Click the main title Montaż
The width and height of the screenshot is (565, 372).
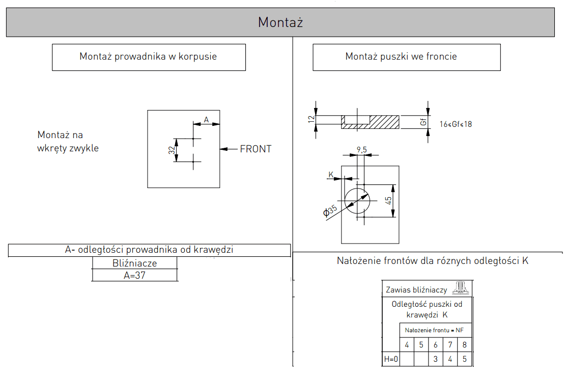[x=280, y=22]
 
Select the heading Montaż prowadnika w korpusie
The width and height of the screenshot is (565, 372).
[x=148, y=57]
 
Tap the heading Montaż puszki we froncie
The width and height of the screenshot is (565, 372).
[x=401, y=57]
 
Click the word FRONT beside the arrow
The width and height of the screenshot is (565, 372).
[x=256, y=149]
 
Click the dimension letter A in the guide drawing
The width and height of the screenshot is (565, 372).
[x=206, y=119]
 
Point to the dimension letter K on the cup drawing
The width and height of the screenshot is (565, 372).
[x=331, y=175]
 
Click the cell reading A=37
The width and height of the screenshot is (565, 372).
[x=134, y=275]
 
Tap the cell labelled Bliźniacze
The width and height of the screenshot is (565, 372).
[x=134, y=263]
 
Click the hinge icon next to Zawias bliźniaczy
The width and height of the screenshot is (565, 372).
[x=461, y=288]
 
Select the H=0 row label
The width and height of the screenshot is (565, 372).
[x=390, y=359]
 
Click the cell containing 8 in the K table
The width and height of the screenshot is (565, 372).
[x=464, y=345]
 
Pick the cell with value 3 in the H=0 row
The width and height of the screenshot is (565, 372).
[x=435, y=359]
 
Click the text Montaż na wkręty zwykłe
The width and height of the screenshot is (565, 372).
[x=68, y=142]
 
